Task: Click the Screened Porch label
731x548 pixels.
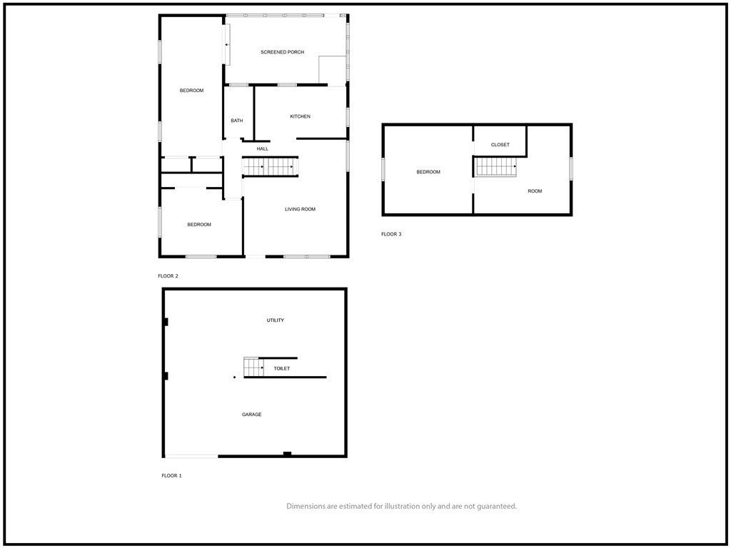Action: (282, 52)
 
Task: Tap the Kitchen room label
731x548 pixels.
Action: (301, 116)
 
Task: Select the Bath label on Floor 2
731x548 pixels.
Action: (237, 121)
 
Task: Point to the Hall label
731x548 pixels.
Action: (263, 149)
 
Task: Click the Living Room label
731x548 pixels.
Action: (301, 209)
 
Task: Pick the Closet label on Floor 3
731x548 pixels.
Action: (500, 145)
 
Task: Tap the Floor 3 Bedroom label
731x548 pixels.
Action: (428, 172)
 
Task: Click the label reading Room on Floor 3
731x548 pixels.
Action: (535, 191)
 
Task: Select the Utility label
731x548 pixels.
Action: (275, 320)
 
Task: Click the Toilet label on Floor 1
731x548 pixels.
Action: (281, 369)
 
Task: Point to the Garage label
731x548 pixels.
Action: (252, 415)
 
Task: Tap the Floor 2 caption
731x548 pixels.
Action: (168, 276)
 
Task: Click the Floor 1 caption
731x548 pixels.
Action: (171, 476)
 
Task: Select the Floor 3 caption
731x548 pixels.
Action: (391, 234)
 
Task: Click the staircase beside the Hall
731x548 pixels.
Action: (270, 167)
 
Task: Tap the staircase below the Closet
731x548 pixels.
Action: (495, 167)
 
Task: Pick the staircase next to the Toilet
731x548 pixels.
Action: (253, 367)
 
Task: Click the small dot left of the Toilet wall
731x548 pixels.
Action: (234, 377)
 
